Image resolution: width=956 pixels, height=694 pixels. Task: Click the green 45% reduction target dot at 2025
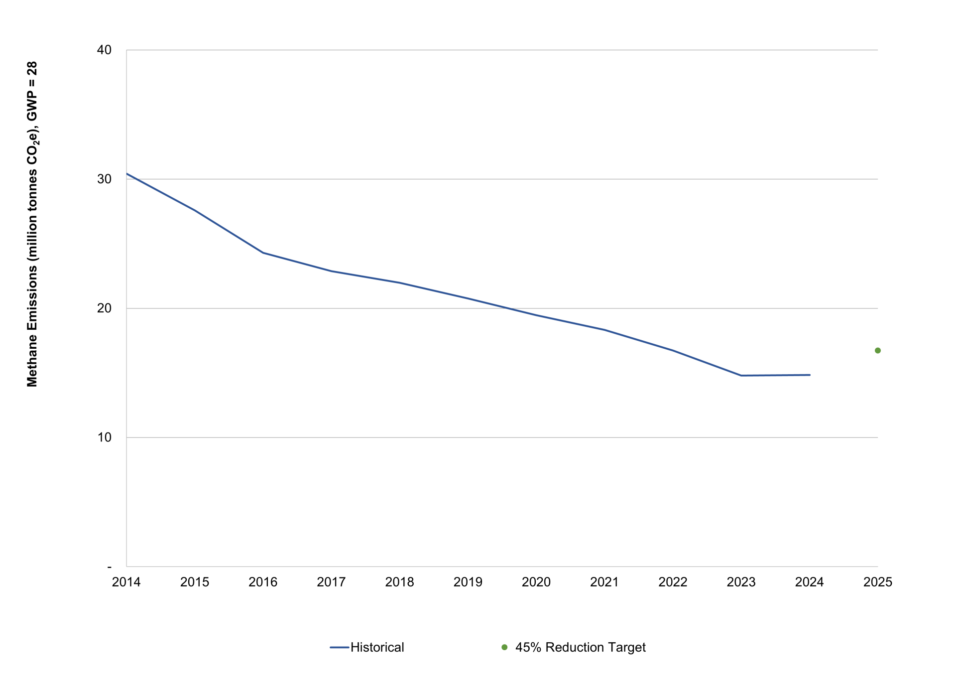coord(877,351)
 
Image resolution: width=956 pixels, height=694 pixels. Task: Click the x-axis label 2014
coord(126,582)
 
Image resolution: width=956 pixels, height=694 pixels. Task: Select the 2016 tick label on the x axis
coord(262,582)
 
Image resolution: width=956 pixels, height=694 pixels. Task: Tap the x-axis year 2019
coord(468,582)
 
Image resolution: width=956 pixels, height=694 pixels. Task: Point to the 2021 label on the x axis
coord(604,582)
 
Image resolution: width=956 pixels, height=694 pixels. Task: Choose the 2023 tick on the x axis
coord(741,582)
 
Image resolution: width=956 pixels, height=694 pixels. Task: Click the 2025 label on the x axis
coord(877,582)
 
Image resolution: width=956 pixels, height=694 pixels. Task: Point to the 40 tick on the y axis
coord(104,50)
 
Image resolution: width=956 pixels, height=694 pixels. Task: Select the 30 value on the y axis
coord(104,179)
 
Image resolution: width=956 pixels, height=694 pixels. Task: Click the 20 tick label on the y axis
coord(104,308)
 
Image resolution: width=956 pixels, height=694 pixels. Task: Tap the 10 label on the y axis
coord(104,437)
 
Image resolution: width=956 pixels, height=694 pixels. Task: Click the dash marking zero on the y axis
coord(110,567)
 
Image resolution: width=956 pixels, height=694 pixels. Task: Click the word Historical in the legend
coord(377,647)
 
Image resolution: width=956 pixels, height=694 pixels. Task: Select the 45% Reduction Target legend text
coord(580,647)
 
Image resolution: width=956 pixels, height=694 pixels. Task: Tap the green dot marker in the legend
coord(504,647)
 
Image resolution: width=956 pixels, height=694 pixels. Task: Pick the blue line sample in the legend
coord(339,647)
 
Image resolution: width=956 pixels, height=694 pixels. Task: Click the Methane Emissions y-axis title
coord(32,224)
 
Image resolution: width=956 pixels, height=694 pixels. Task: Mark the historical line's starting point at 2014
coord(127,174)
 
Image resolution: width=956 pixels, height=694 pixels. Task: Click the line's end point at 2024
coord(810,375)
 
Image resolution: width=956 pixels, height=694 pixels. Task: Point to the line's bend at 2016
coord(263,253)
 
